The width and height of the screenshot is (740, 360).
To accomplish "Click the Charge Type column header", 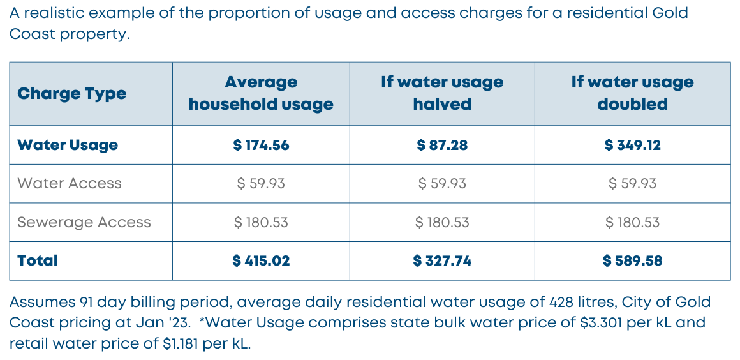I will [x=72, y=94].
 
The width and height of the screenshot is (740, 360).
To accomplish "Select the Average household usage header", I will [x=261, y=93].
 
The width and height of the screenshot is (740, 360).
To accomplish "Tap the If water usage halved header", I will [x=442, y=93].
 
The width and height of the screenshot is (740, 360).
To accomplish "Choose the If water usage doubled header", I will [x=632, y=93].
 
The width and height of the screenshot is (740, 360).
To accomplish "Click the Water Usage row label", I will [x=68, y=145].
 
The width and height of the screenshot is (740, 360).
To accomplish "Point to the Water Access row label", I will [x=70, y=184].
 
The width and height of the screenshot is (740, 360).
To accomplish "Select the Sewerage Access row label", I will [x=84, y=222].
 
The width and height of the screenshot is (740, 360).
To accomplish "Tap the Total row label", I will [x=38, y=260].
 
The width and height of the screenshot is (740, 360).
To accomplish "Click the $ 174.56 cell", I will [x=261, y=145].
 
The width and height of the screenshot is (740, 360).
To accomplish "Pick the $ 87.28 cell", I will [x=442, y=145].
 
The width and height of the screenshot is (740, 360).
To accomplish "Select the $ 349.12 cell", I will [x=632, y=145].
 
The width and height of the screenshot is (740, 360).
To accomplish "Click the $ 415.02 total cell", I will [x=261, y=260].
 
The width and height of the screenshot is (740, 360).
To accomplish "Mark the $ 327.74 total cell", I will [x=442, y=260].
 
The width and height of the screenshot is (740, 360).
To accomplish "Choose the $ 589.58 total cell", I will [x=632, y=260].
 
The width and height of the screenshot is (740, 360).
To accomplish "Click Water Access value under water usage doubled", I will [x=632, y=184].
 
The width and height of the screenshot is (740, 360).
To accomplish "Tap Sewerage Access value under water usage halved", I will [x=442, y=222].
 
